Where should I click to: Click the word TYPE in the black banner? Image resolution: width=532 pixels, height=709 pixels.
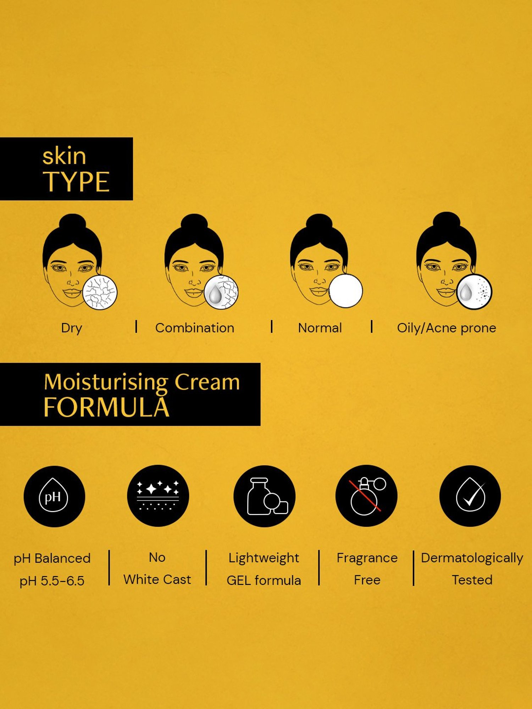coord(76,182)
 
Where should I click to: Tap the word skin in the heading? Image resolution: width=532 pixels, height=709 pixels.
coord(64,156)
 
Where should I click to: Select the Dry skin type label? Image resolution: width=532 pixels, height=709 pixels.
coord(72,328)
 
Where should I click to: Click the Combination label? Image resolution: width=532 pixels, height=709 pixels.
coord(195,328)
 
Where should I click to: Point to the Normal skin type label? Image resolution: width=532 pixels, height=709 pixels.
coord(320,328)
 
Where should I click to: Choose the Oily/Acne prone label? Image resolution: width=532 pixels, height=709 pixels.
coord(447,328)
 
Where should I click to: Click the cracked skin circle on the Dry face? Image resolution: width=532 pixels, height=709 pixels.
coord(100,292)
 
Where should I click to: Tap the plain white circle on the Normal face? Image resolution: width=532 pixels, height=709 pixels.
coord(346,291)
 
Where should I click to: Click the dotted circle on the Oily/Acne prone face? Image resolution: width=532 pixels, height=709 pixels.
coord(474,292)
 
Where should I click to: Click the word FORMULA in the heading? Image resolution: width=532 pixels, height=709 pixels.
coord(106,407)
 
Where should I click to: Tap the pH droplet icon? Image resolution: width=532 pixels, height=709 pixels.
coord(54,496)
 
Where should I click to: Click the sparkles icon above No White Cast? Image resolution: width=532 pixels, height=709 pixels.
coord(158,496)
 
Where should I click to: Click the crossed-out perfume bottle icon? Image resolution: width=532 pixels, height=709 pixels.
coord(366,496)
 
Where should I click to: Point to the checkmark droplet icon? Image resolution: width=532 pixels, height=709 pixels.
coord(470,496)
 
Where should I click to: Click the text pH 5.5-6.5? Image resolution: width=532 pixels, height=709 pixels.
coord(52,581)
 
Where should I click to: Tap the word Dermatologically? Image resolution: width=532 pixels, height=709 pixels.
coord(472,558)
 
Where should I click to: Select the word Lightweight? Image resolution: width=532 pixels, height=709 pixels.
coord(264,558)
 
